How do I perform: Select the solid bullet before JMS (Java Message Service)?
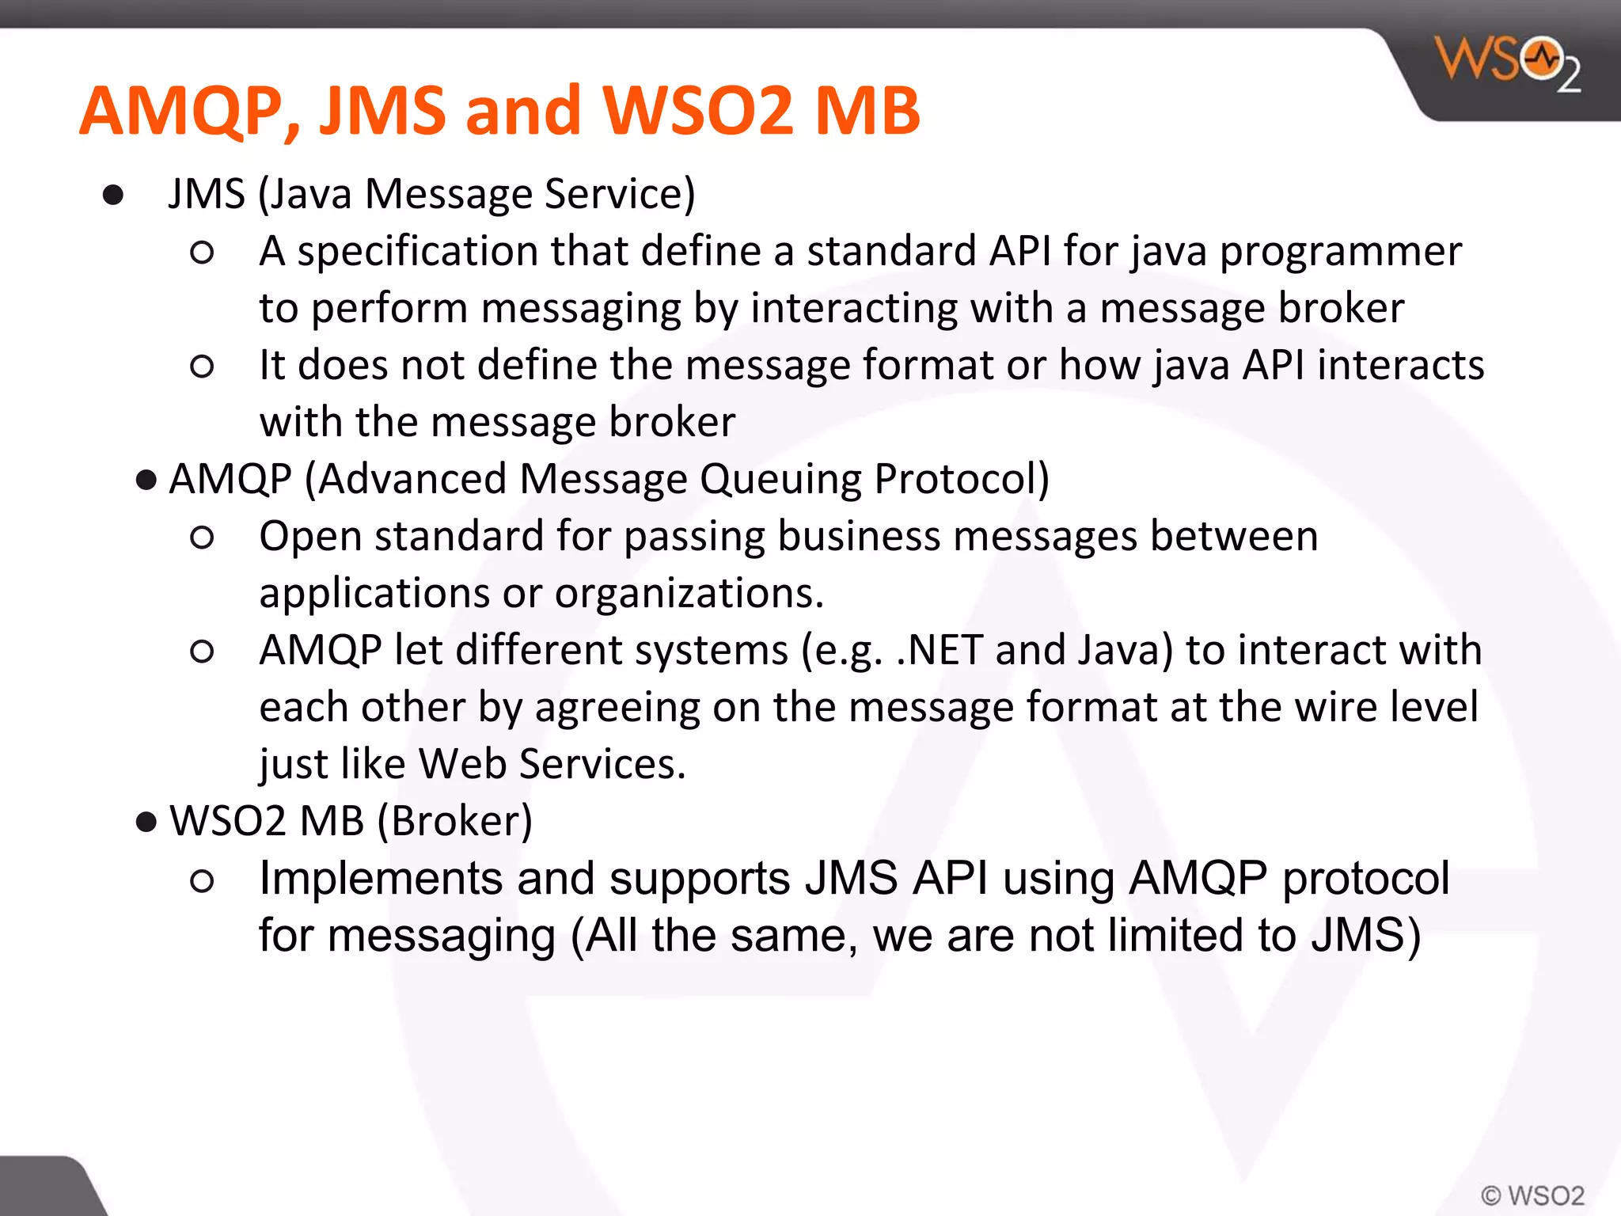coord(113,195)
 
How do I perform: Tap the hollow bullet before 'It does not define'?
coord(202,366)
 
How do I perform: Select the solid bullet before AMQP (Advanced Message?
coord(146,480)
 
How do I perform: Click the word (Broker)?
coord(454,821)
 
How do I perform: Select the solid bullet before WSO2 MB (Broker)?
coord(146,822)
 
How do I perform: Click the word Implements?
coord(381,879)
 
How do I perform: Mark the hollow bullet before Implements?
coord(202,880)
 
